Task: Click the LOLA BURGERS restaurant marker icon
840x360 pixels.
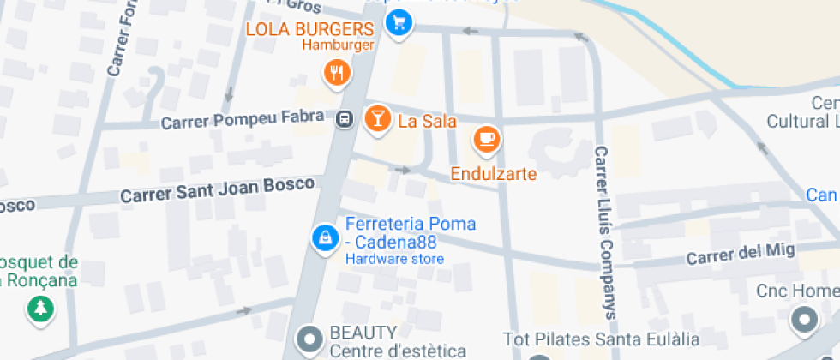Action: click(x=338, y=73)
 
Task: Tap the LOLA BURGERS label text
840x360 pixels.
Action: click(x=310, y=29)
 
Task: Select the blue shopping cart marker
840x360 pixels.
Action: click(x=398, y=23)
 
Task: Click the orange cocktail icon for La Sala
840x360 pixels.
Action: click(x=375, y=119)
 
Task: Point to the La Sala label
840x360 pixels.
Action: click(x=427, y=121)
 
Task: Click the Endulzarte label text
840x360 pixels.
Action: click(x=494, y=174)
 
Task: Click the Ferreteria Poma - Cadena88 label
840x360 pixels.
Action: click(x=410, y=232)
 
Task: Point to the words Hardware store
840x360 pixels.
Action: click(x=394, y=259)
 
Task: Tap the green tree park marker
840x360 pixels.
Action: click(x=40, y=309)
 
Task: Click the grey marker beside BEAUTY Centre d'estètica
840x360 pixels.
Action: click(x=309, y=339)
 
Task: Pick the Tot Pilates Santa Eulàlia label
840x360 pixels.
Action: click(x=594, y=340)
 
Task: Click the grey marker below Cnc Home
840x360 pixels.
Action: click(x=804, y=321)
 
